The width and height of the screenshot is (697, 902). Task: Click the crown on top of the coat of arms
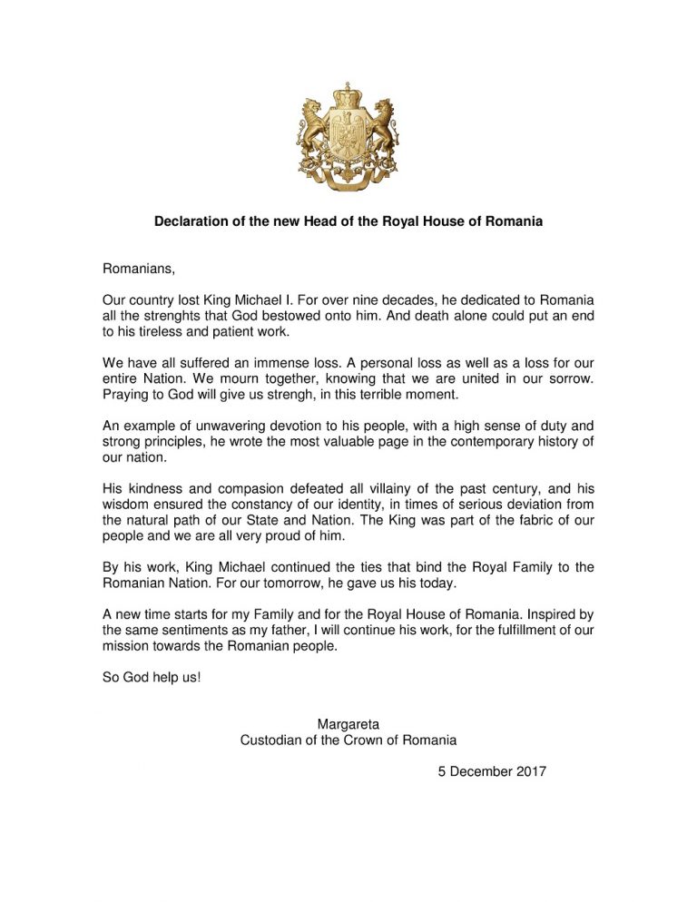(348, 93)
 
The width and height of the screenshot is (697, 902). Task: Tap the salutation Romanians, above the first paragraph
(137, 269)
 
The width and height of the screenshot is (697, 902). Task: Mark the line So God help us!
(151, 678)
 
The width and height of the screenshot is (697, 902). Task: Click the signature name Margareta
(348, 724)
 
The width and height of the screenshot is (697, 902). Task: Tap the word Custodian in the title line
(273, 740)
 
